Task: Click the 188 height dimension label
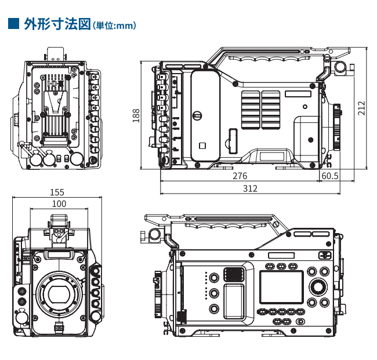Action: pyautogui.click(x=136, y=115)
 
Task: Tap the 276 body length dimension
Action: pyautogui.click(x=240, y=176)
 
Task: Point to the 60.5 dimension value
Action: pyautogui.click(x=330, y=176)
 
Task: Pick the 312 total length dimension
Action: pyautogui.click(x=250, y=189)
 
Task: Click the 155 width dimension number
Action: pyautogui.click(x=57, y=192)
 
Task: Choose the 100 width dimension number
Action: pyautogui.click(x=59, y=203)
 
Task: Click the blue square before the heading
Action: pyautogui.click(x=13, y=24)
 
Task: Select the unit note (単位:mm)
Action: pyautogui.click(x=114, y=26)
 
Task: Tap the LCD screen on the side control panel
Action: pyautogui.click(x=281, y=287)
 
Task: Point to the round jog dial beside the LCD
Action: pyautogui.click(x=318, y=286)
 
